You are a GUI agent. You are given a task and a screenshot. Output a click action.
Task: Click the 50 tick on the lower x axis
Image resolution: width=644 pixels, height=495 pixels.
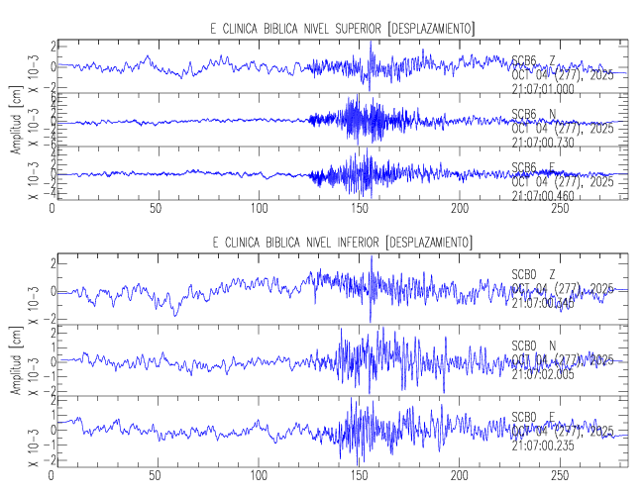pos(156,476)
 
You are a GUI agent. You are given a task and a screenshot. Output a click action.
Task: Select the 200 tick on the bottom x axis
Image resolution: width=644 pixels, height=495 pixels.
pos(460,476)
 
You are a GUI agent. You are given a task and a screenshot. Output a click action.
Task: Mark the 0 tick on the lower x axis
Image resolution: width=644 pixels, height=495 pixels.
pos(53,476)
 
